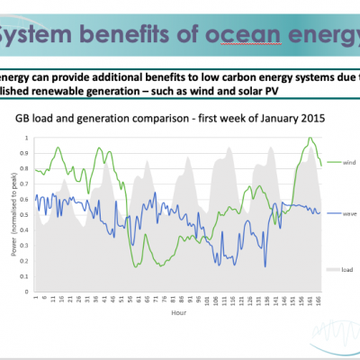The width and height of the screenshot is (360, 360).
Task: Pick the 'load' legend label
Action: point(334,269)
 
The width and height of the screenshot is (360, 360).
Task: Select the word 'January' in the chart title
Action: point(249,118)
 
